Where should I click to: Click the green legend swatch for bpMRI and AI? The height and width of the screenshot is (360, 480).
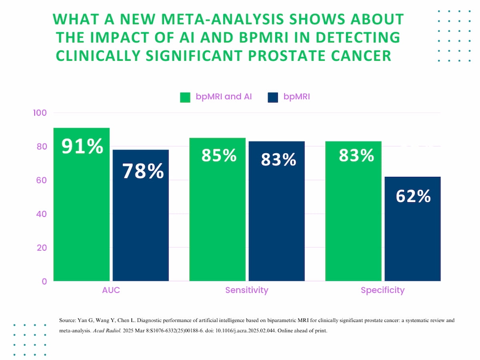coord(185,97)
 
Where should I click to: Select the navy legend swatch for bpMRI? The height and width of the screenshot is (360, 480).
coord(273,97)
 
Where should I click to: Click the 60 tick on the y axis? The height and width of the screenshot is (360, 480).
coord(42,180)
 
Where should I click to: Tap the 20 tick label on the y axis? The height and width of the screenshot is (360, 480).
coord(42,248)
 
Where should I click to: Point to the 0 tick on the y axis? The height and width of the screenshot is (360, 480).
coord(44,281)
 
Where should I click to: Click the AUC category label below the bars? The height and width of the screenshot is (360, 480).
coord(111,290)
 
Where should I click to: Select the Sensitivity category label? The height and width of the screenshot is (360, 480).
coord(246,290)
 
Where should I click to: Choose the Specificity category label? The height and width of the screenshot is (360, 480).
coord(382,290)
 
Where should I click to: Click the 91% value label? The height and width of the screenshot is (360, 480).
coord(82,146)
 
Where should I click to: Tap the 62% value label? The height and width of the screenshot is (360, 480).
coord(413,196)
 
